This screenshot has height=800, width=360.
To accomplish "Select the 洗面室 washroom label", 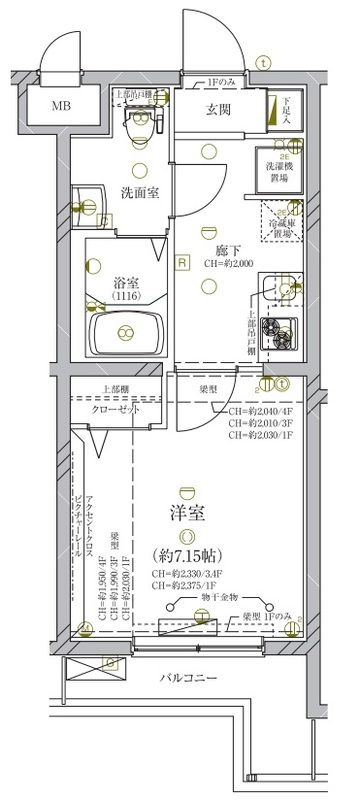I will pos(144,190).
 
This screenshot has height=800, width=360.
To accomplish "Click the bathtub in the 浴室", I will pos(125,331).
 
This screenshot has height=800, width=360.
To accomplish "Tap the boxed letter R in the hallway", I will pos(182,262).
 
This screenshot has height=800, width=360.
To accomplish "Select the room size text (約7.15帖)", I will pos(188,553).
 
